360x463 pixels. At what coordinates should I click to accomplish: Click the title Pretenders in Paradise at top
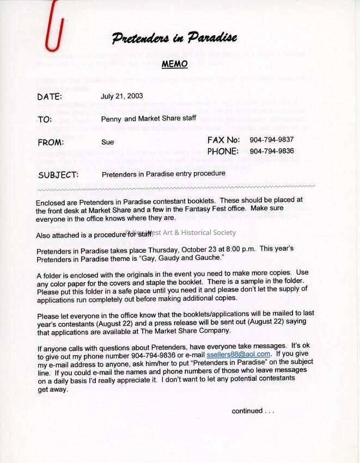(174, 38)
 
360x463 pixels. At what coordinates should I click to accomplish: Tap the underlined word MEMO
(174, 64)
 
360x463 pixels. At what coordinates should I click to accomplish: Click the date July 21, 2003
(121, 96)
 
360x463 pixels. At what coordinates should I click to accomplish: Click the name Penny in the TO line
(111, 119)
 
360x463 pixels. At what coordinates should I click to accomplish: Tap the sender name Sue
(107, 142)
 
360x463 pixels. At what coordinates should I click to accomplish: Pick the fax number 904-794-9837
(272, 140)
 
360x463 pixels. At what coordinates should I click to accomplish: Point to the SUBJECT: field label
(58, 175)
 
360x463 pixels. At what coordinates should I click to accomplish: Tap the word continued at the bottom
(247, 411)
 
